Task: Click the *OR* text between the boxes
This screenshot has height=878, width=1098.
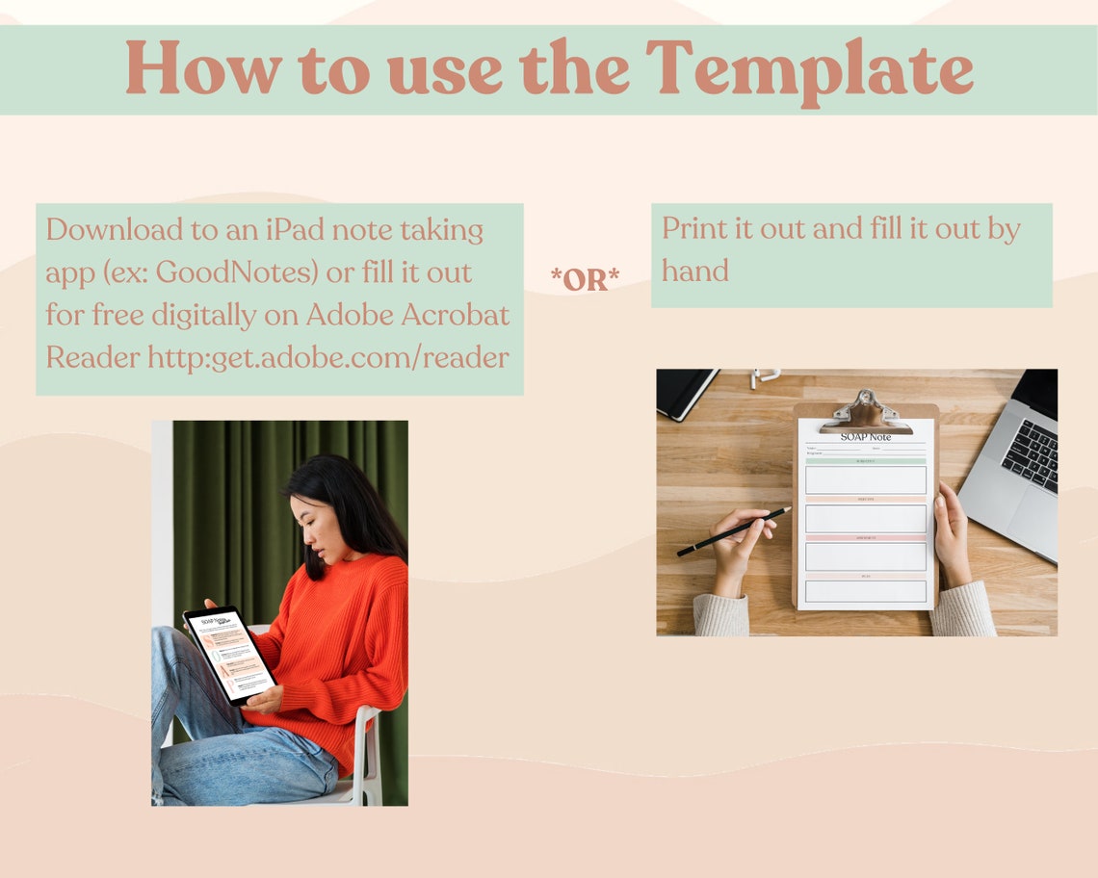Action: coord(585,279)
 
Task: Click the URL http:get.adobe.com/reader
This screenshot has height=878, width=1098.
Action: coord(327,357)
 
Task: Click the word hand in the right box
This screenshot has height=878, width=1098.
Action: coord(694,271)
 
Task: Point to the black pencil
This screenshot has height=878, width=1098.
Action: coord(733,531)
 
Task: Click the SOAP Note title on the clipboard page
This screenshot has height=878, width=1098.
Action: coord(865,437)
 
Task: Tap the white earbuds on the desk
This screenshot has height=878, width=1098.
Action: coord(764,375)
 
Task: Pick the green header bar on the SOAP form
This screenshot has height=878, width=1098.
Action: coord(865,462)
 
